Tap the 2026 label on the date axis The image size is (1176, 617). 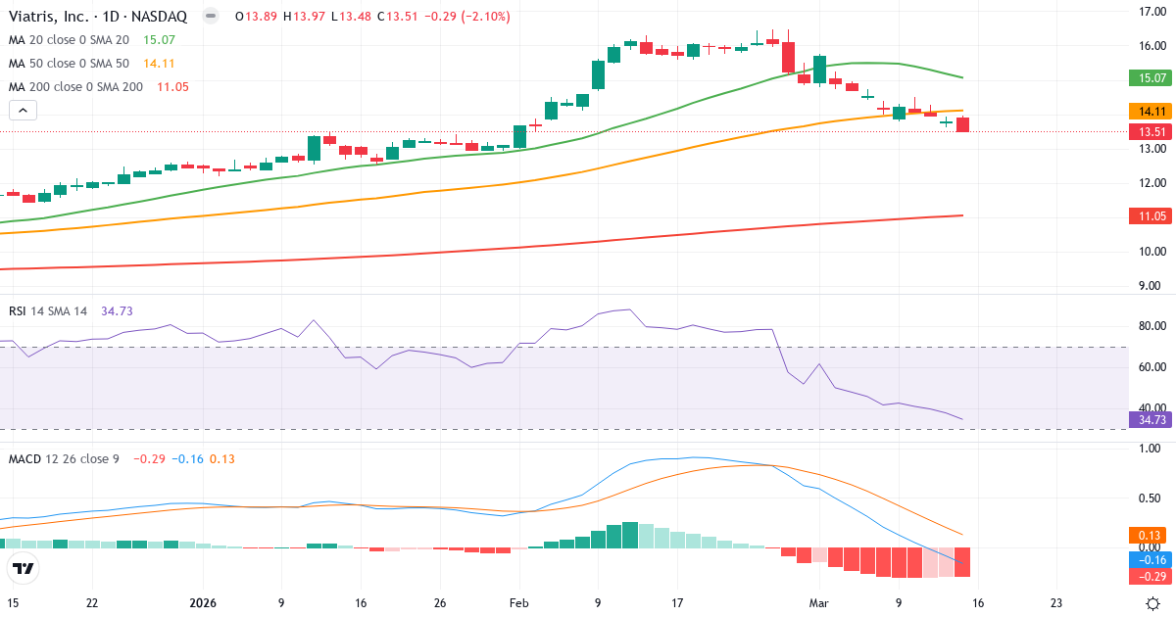point(203,603)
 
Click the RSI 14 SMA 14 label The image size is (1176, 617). point(47,310)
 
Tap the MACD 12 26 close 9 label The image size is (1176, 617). point(63,458)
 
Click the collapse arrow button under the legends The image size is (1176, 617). point(24,111)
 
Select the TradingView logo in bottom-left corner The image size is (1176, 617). point(24,568)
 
